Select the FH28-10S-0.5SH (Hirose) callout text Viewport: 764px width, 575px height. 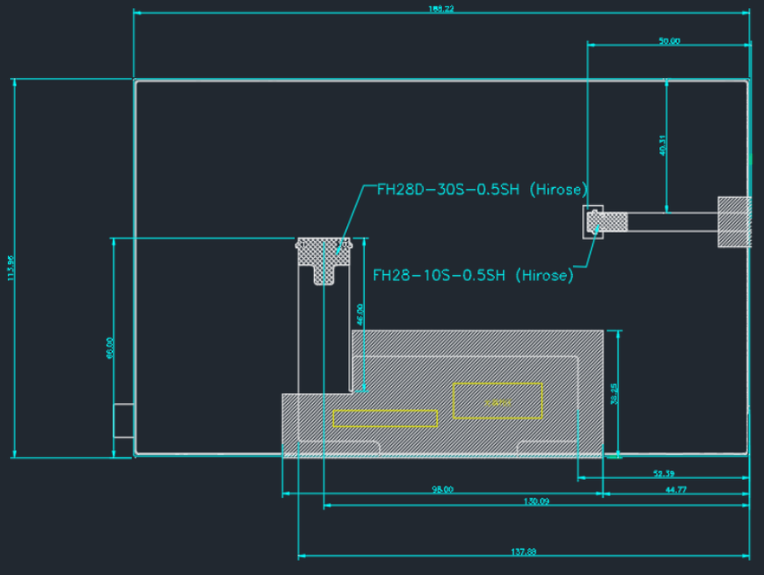click(x=473, y=275)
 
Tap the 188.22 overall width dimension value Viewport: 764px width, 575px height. click(x=441, y=9)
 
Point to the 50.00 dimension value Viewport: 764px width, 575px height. click(x=669, y=41)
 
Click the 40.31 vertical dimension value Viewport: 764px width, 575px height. click(x=663, y=146)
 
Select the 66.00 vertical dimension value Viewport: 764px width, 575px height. click(x=109, y=348)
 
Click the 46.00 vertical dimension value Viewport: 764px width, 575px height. click(x=360, y=314)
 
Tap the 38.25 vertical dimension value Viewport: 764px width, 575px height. click(x=614, y=394)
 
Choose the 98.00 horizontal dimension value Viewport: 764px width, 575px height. click(x=442, y=489)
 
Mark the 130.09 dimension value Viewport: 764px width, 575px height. click(x=536, y=502)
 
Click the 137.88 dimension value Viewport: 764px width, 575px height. click(x=525, y=552)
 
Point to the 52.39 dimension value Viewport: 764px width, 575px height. click(x=664, y=473)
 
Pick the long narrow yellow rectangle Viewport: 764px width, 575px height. click(x=385, y=418)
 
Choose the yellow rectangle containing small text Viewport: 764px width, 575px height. click(x=498, y=400)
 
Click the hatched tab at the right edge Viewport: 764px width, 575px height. click(x=734, y=221)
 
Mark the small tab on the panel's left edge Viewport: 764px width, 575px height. click(x=123, y=420)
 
